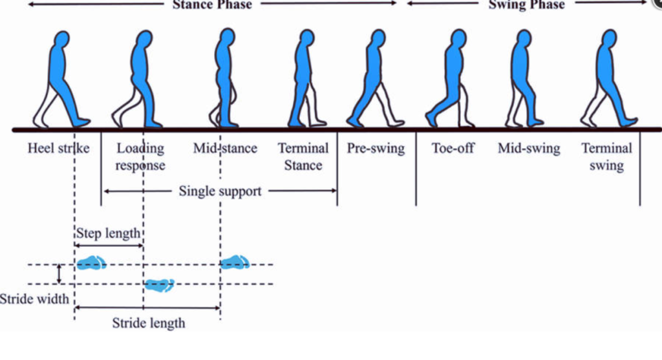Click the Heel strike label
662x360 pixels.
[x=58, y=149]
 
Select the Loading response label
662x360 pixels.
[x=140, y=157]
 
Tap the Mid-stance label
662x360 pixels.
[x=225, y=149]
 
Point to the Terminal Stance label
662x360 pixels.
[x=303, y=157]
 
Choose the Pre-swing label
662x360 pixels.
[x=376, y=149]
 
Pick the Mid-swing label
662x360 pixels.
[x=529, y=149]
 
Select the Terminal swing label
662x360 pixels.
[x=606, y=157]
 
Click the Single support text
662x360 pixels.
[x=220, y=191]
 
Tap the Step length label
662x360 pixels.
[x=108, y=233]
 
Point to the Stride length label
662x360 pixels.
[x=149, y=323]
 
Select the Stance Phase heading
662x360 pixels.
[x=212, y=5]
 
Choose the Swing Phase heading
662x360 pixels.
[x=527, y=5]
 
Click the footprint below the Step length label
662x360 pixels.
[x=91, y=262]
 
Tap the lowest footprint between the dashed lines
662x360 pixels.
[x=159, y=284]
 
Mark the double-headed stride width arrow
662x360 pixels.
[x=59, y=273]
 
